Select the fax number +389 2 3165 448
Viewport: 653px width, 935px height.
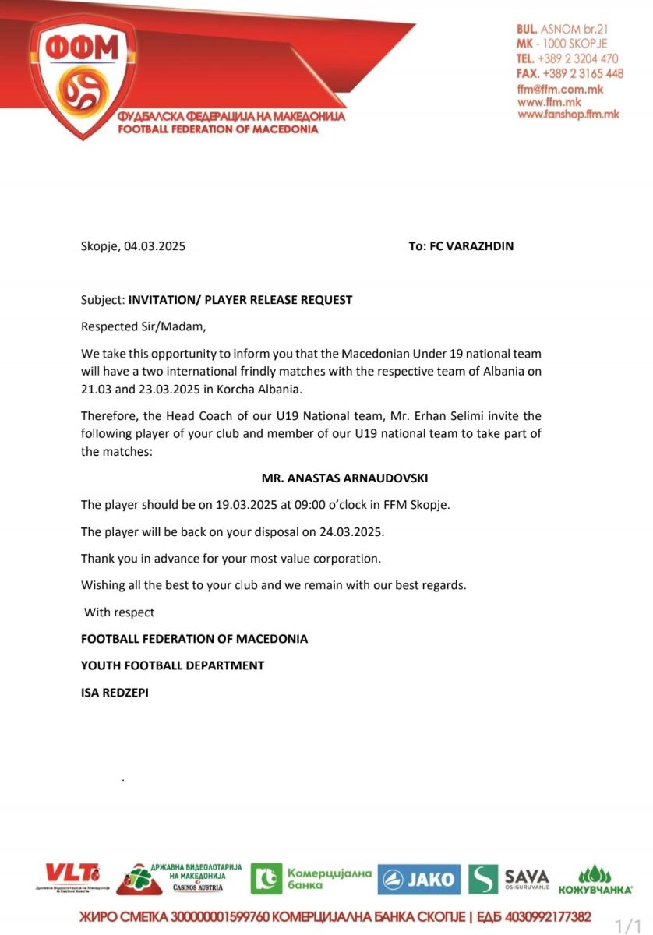click(x=581, y=73)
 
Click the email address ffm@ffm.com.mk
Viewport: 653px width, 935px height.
click(x=560, y=89)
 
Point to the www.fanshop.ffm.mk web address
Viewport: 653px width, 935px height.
click(x=568, y=114)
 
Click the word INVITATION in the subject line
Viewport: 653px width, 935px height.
click(x=161, y=299)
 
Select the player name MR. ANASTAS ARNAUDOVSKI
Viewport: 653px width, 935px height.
click(x=345, y=478)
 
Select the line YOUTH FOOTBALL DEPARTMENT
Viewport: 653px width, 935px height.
click(x=172, y=665)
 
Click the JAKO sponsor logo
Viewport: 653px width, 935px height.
click(x=419, y=880)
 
